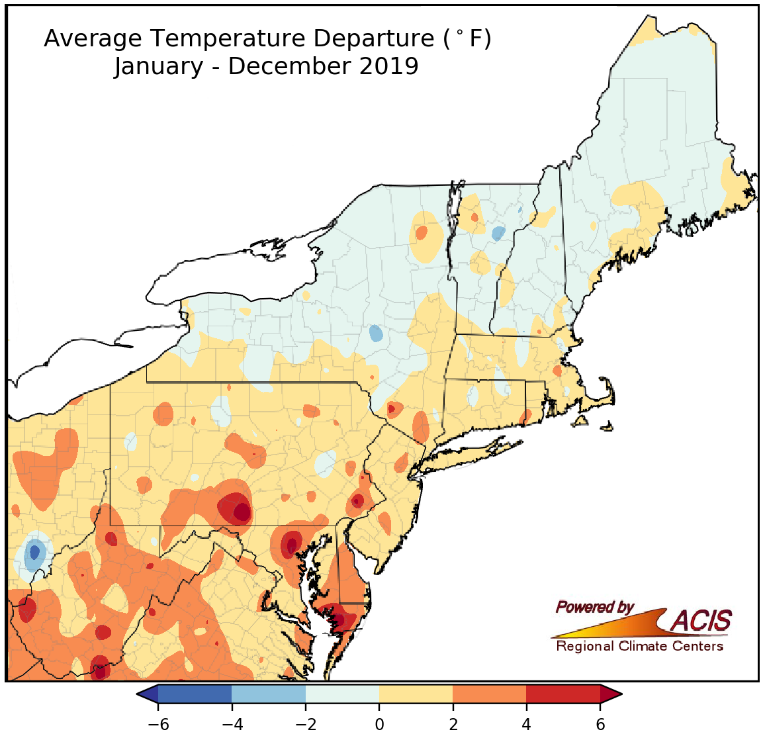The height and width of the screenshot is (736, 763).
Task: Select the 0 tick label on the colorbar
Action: click(379, 724)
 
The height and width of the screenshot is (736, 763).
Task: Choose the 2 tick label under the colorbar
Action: click(453, 724)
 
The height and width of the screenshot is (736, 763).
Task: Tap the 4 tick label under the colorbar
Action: click(527, 724)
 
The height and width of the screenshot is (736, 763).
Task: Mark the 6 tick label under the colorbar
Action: click(600, 724)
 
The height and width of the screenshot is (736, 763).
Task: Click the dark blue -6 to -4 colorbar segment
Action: click(195, 694)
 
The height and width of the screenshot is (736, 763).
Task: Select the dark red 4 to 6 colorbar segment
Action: click(563, 694)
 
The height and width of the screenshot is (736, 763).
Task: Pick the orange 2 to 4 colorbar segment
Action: click(490, 694)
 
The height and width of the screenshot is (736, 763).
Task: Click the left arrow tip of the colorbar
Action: click(140, 694)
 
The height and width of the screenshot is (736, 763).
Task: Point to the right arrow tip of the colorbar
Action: click(619, 694)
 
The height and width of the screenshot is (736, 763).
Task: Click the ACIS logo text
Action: click(701, 621)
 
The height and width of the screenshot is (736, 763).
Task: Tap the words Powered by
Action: click(594, 607)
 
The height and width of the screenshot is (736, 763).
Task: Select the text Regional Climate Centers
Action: click(639, 646)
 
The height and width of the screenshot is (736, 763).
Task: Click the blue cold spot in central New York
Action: click(376, 333)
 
